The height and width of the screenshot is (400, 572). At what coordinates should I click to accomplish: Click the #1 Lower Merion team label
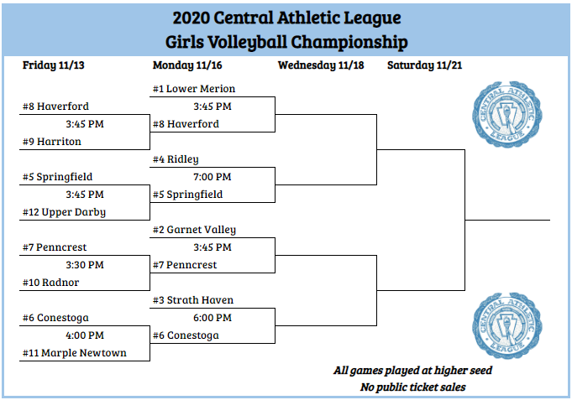(x=193, y=89)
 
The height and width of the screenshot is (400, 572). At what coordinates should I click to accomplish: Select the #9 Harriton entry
(x=52, y=142)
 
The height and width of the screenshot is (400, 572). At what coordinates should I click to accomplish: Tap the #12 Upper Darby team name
(x=65, y=212)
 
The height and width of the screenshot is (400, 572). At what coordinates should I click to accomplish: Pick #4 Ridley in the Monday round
(x=176, y=159)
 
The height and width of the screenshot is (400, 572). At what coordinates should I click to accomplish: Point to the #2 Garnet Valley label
(x=194, y=230)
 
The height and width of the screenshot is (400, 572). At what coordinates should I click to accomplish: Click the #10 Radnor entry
(x=51, y=283)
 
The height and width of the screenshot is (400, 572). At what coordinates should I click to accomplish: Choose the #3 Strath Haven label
(x=192, y=300)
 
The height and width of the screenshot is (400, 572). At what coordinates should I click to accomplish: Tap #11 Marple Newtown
(x=75, y=353)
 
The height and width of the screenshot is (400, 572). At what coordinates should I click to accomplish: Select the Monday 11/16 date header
(x=187, y=65)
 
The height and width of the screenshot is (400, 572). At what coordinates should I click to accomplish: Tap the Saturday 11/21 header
(x=424, y=65)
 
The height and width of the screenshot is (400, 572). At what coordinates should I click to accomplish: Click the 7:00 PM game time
(x=212, y=177)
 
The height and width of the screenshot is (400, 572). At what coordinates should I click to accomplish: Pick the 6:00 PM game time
(x=212, y=318)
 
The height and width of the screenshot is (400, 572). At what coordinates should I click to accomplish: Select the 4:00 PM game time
(x=84, y=335)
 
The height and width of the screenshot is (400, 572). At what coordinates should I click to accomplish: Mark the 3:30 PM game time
(x=84, y=265)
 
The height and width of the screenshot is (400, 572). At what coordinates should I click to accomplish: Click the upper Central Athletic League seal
(x=502, y=115)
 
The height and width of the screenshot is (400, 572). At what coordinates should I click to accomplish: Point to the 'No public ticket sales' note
(x=412, y=387)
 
